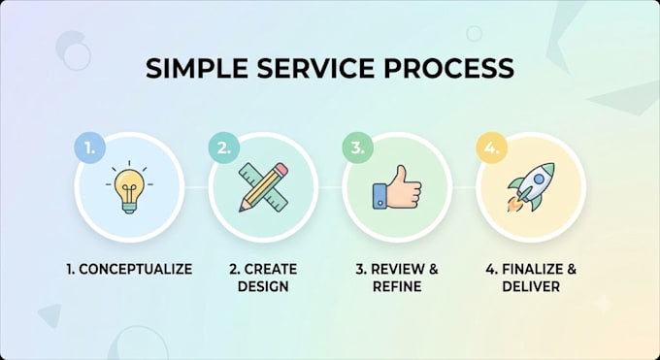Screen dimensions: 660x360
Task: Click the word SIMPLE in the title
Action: tap(197, 68)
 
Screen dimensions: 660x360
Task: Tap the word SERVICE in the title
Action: tap(315, 68)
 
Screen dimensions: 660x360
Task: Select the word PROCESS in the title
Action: tap(448, 68)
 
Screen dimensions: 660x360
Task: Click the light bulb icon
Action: tap(130, 187)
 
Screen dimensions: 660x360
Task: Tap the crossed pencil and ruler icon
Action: tap(263, 187)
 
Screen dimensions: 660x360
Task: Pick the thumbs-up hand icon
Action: tap(397, 187)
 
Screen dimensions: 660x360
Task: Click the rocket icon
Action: tap(531, 187)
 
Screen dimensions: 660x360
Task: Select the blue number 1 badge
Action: tap(89, 147)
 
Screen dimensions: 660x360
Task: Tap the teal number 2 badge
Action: tap(223, 147)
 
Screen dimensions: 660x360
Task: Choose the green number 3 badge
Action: tap(357, 147)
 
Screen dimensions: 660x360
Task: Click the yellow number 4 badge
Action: tap(491, 147)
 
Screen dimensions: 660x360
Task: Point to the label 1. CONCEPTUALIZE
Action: tap(129, 269)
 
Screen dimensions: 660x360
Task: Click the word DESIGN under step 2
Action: tap(263, 286)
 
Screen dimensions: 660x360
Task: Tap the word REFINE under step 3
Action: tap(397, 286)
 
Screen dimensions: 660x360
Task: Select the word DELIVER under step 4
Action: tap(531, 286)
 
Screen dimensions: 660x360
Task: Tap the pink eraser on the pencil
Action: tap(281, 169)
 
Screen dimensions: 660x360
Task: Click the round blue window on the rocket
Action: tap(539, 180)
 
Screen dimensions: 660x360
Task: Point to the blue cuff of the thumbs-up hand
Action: tap(379, 196)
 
